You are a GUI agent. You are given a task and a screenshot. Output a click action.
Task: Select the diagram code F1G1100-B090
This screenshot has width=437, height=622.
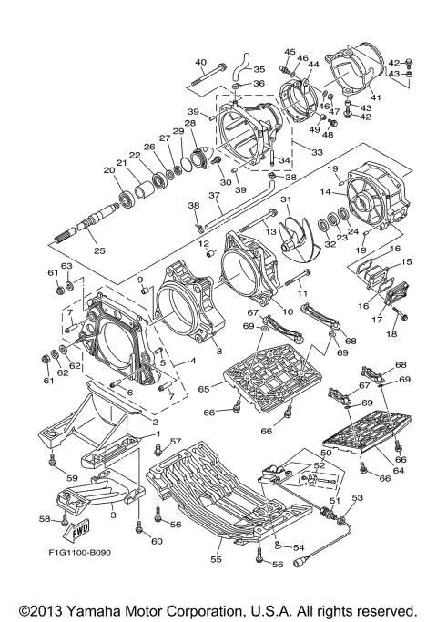coord(80,552)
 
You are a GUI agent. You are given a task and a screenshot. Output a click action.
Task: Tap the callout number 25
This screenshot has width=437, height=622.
coord(99,250)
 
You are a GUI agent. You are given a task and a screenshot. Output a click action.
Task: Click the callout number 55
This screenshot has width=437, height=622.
coord(216,559)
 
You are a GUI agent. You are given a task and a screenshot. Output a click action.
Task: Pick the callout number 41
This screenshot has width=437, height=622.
coord(375,97)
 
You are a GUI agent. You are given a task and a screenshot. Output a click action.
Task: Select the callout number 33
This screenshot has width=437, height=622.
coord(318,152)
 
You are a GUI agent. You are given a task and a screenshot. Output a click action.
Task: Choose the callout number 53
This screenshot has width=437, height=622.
coord(358,497)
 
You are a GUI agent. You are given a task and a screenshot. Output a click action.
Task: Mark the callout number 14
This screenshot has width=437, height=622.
coord(326,192)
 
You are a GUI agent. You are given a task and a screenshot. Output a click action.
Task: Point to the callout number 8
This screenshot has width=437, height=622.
coord(219,351)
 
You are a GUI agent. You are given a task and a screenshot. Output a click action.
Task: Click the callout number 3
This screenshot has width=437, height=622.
coord(114,515)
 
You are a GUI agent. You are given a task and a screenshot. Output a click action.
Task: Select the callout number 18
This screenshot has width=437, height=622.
coord(391,334)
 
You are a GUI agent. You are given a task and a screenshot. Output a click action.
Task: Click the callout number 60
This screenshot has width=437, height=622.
coord(158,541)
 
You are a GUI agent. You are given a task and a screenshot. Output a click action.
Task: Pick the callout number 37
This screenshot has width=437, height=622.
coord(214,195)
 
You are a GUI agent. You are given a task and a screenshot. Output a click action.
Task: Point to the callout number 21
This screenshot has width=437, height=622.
coord(121,163)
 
